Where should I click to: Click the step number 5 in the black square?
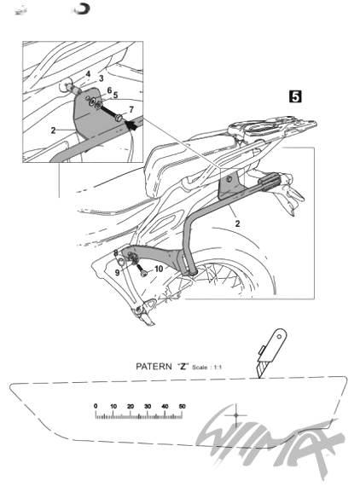[x=295, y=96]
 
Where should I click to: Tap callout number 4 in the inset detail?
[x=88, y=74]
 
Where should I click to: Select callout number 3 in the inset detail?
[x=101, y=78]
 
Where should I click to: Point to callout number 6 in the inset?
[x=109, y=90]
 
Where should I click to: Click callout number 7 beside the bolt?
[x=131, y=110]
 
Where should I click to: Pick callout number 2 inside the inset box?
[x=54, y=130]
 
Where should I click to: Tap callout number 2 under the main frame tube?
[x=237, y=223]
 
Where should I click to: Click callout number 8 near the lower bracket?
[x=116, y=253]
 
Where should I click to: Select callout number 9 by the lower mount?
[x=118, y=273]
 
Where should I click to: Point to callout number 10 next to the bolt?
[x=159, y=269]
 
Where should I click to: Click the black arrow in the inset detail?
[x=131, y=125]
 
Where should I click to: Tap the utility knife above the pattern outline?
[x=270, y=353]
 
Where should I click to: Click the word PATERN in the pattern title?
[x=154, y=366]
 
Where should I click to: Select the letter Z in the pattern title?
[x=183, y=366]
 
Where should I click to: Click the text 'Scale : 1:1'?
[x=206, y=367]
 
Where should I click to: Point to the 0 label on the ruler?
[x=96, y=406]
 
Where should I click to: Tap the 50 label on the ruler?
[x=182, y=406]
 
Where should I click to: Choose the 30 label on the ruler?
[x=148, y=406]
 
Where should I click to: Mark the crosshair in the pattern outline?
[x=236, y=415]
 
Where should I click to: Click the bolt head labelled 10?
[x=143, y=273]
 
